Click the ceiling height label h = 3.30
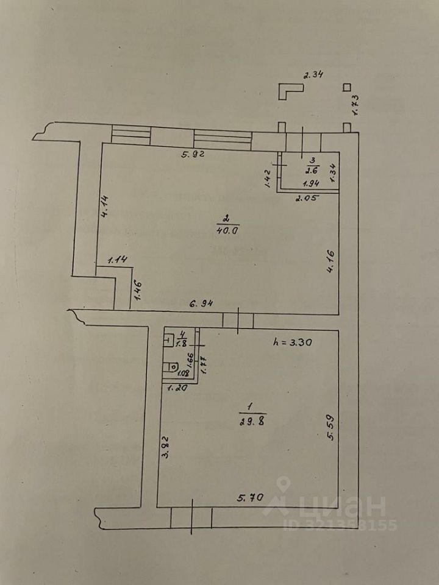tap(293, 342)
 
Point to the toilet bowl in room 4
tap(172, 367)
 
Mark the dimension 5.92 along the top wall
tap(193, 154)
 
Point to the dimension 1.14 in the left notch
tap(117, 261)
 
